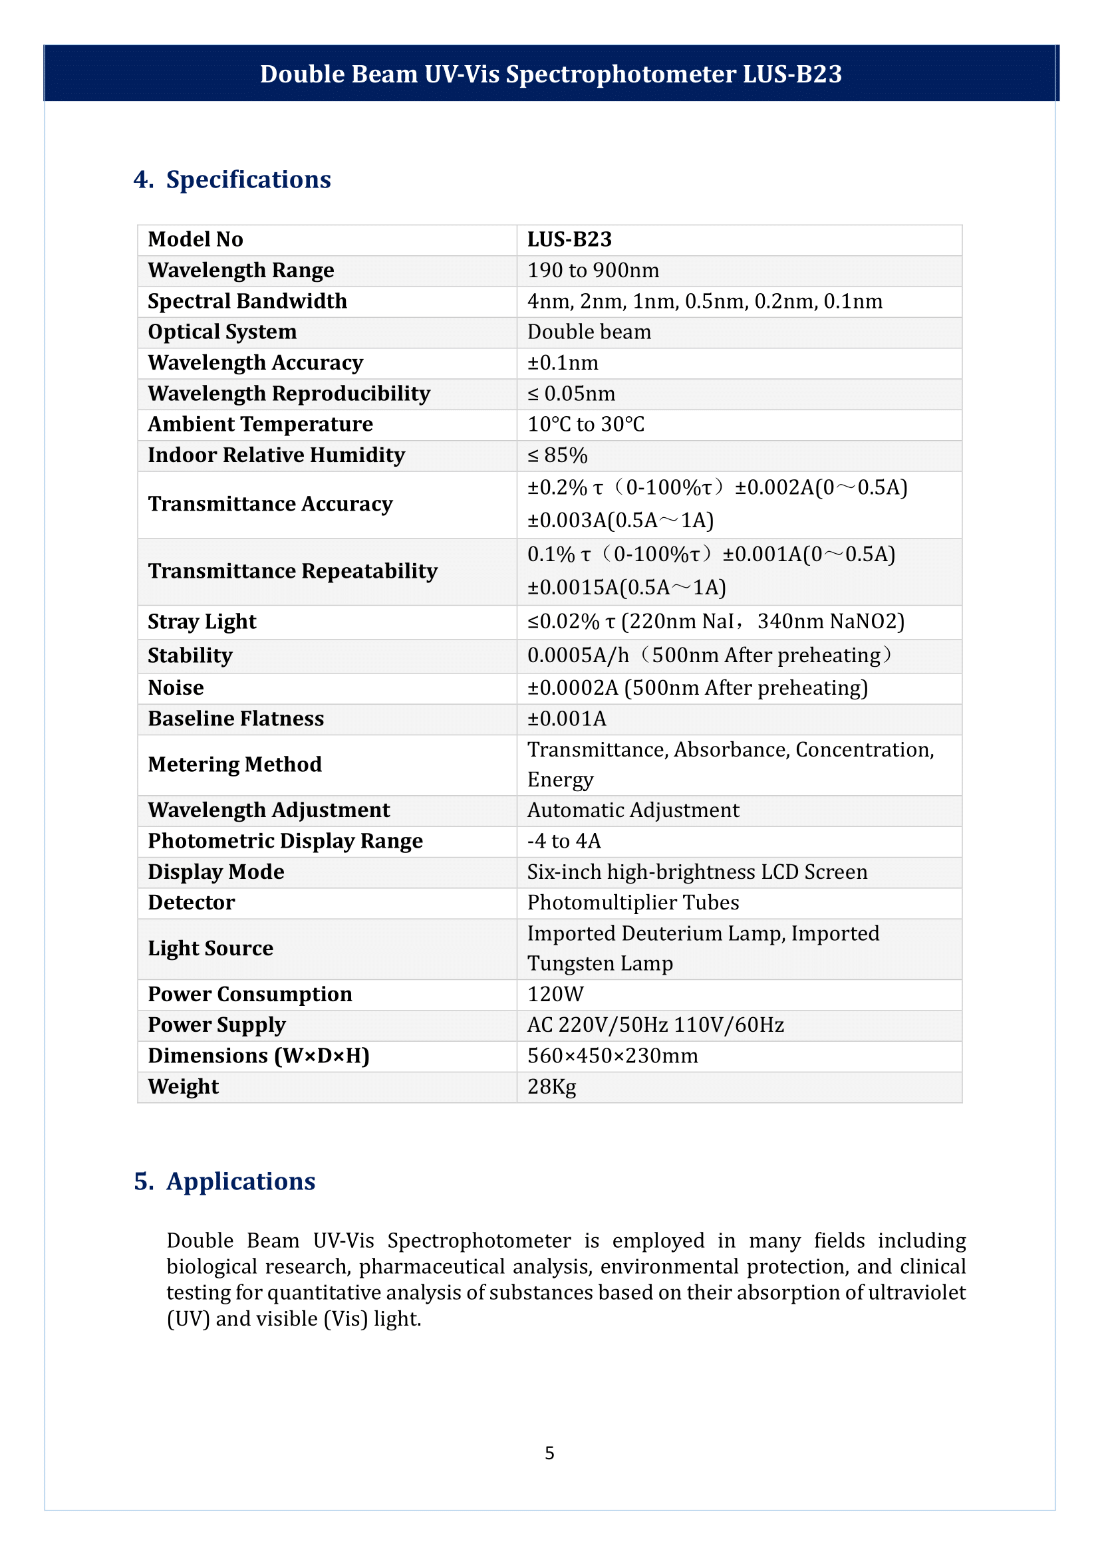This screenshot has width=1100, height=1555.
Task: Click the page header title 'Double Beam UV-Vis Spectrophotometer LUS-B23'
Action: (550, 74)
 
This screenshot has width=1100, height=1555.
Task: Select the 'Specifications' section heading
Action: (248, 179)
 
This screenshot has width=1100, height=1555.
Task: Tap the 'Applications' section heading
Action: (241, 1181)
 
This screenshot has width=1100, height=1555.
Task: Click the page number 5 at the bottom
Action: (549, 1453)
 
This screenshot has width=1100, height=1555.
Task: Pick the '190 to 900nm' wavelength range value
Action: (593, 270)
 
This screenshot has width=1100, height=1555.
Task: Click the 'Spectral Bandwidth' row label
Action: (247, 300)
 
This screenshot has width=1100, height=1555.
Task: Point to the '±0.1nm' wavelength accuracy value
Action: (563, 363)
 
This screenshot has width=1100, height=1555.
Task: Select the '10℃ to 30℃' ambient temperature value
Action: (586, 424)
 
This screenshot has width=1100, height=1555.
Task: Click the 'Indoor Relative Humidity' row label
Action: (277, 455)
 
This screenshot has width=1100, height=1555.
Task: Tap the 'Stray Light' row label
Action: (202, 622)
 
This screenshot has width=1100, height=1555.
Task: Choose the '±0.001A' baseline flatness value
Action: (567, 719)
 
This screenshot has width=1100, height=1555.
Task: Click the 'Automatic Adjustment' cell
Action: (633, 810)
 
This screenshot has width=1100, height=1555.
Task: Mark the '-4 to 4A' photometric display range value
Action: (564, 841)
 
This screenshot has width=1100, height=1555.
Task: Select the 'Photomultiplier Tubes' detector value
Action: (633, 903)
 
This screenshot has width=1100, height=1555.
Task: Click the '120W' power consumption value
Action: (555, 994)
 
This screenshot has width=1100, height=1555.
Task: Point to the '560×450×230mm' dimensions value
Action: (613, 1056)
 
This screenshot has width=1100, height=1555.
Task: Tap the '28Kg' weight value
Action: (552, 1087)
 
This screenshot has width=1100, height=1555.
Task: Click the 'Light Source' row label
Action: (211, 948)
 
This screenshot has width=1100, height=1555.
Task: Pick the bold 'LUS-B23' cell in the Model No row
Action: (570, 239)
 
